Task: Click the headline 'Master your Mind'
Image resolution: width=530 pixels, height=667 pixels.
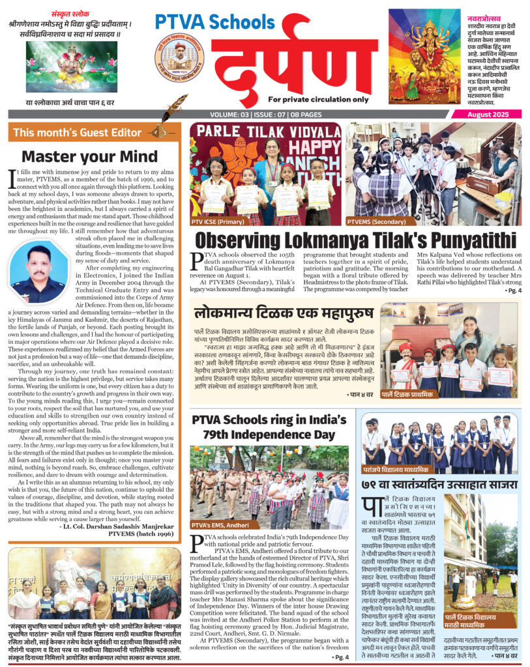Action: (90, 156)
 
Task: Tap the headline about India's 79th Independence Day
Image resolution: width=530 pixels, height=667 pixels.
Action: (272, 426)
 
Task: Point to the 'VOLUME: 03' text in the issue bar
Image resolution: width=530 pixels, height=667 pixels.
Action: (229, 115)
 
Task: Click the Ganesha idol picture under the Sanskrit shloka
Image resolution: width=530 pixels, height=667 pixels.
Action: (63, 66)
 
